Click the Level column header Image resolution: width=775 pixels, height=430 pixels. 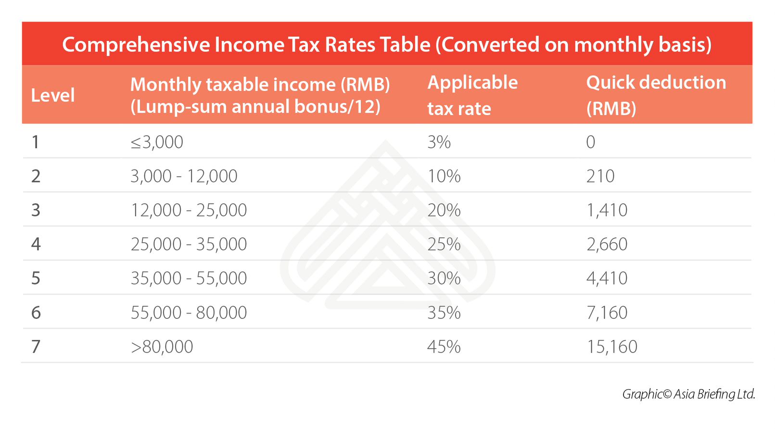[x=53, y=95]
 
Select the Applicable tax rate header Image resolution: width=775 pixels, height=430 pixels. [x=472, y=95]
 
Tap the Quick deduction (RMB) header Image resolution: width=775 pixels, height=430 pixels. [x=656, y=95]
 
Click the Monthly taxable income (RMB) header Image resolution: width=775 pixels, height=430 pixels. [x=260, y=95]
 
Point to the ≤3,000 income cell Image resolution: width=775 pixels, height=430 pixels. [x=157, y=142]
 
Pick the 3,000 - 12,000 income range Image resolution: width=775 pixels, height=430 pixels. [x=184, y=176]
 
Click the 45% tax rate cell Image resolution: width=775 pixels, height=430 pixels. [x=444, y=347]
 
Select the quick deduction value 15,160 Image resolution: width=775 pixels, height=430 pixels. [x=611, y=347]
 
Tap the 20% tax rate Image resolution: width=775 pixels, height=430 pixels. [x=444, y=210]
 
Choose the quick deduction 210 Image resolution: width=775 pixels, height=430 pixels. [x=600, y=176]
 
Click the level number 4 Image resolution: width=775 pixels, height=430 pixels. [x=36, y=244]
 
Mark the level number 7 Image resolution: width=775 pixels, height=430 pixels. [x=36, y=347]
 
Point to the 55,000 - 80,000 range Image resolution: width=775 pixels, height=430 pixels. [x=189, y=313]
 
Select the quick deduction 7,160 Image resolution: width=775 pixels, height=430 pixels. [x=607, y=313]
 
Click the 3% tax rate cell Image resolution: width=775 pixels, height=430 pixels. [x=439, y=142]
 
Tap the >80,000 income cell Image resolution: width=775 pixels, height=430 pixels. [x=162, y=347]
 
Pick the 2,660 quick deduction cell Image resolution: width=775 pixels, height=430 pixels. [x=607, y=244]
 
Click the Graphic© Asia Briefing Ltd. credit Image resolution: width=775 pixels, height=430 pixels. [x=688, y=394]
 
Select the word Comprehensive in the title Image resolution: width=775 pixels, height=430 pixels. [x=136, y=45]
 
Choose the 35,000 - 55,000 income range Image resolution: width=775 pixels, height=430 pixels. [x=189, y=278]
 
